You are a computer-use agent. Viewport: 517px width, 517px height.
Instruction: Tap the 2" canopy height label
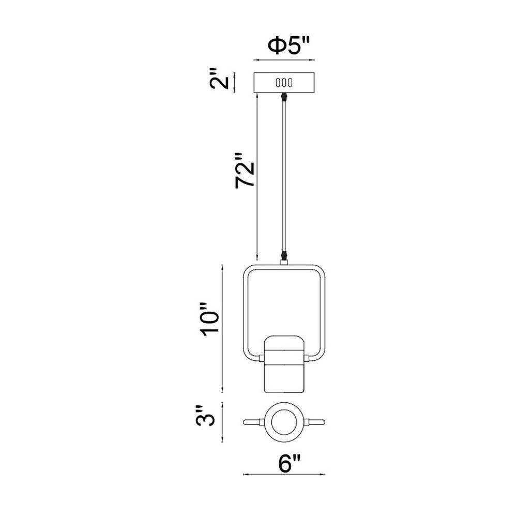pyautogui.click(x=219, y=79)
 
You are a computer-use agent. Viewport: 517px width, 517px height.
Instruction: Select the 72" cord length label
pyautogui.click(x=245, y=171)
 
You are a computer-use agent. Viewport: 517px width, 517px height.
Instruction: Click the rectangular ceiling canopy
pyautogui.click(x=284, y=83)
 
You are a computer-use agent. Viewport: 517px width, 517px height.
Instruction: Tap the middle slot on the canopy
pyautogui.click(x=284, y=83)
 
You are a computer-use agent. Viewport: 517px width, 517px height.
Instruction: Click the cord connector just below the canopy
pyautogui.click(x=283, y=98)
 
